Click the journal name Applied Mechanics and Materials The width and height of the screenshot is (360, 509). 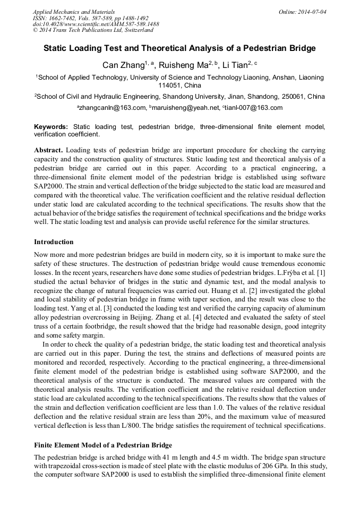pyautogui.click(x=73, y=11)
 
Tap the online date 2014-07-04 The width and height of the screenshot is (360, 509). pyautogui.click(x=312, y=11)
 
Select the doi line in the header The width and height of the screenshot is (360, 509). pyautogui.click(x=96, y=24)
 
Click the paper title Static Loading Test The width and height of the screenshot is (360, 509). pyautogui.click(x=179, y=48)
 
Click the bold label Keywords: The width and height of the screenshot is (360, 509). pyautogui.click(x=51, y=127)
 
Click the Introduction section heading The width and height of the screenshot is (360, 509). pyautogui.click(x=54, y=241)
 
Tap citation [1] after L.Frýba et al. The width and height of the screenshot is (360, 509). pyautogui.click(x=322, y=272)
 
